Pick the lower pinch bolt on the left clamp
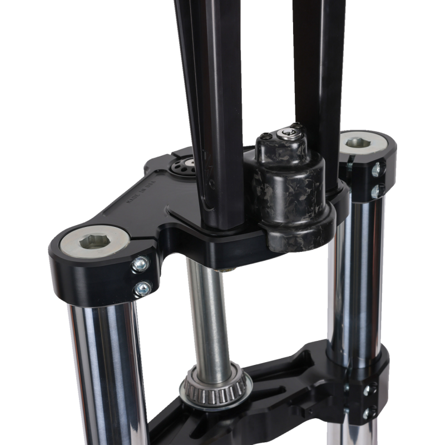pos(143,288)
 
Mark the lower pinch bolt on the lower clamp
pos(368,413)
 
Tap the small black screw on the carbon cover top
pos(268,135)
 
